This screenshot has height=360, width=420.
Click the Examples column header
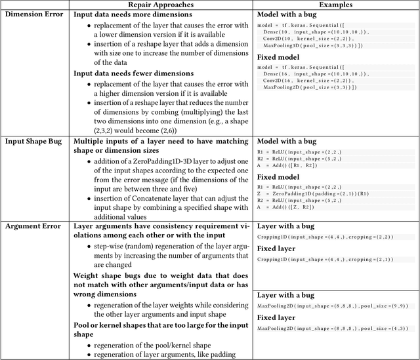(x=337, y=5)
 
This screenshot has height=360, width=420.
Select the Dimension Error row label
(x=34, y=14)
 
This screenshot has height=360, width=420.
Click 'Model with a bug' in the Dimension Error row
(x=288, y=14)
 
